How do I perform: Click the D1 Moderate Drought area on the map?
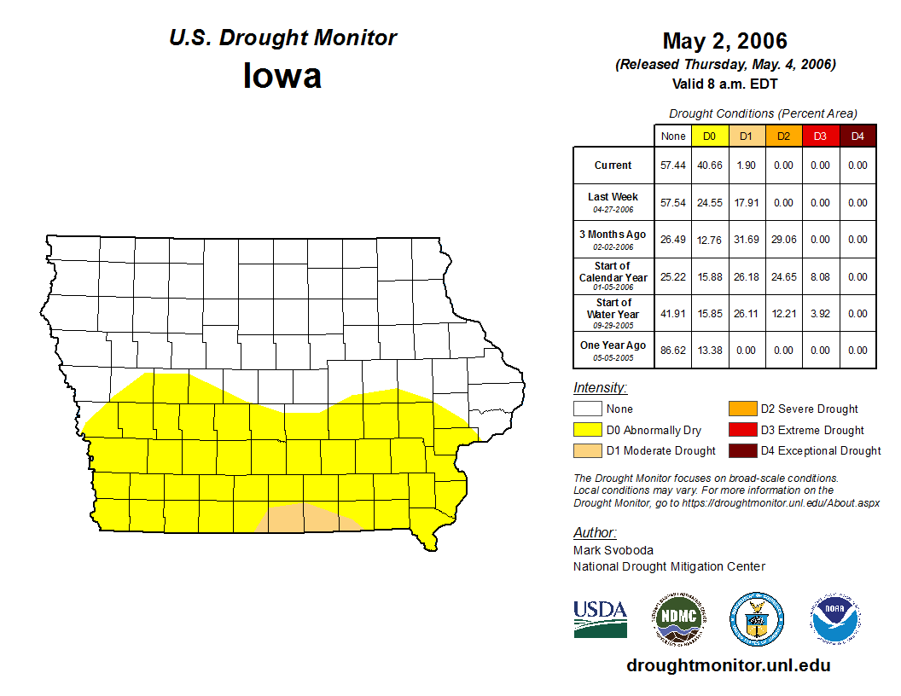click(305, 519)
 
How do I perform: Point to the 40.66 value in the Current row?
click(710, 165)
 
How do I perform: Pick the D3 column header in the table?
click(820, 136)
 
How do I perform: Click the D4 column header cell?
click(857, 136)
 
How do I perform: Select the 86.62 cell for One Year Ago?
click(673, 350)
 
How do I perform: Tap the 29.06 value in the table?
click(783, 240)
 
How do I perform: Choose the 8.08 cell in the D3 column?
click(820, 277)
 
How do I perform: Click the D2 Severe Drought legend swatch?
click(742, 409)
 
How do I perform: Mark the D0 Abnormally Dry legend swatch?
click(587, 430)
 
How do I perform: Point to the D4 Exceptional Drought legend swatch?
click(742, 450)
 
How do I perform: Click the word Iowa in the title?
click(282, 76)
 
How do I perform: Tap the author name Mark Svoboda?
click(613, 550)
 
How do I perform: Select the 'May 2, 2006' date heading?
click(724, 41)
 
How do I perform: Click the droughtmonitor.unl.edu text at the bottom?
click(728, 665)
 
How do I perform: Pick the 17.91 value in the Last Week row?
click(747, 203)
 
